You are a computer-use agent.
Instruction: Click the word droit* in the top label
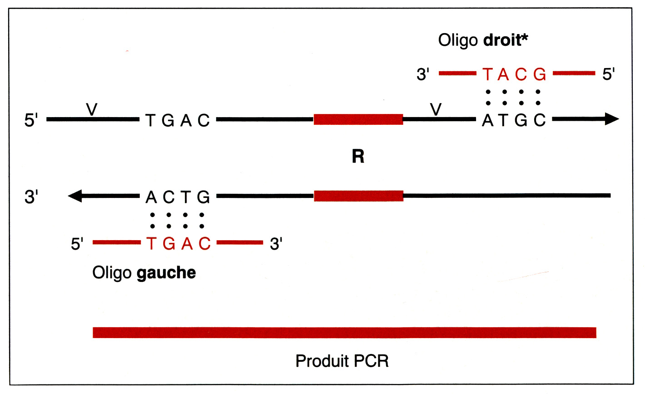tap(506, 40)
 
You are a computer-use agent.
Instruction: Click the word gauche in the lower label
tap(166, 273)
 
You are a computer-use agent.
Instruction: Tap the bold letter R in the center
tap(358, 157)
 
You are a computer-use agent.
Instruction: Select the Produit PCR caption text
tap(342, 361)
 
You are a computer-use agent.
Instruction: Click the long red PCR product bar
tap(344, 333)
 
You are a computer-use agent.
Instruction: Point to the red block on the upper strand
tap(358, 119)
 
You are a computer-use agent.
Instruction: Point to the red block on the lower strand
tap(358, 196)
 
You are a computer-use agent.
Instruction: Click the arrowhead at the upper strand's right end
tap(611, 119)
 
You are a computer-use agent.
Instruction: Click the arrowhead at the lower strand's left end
tap(75, 196)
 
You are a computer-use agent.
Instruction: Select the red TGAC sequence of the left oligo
tap(179, 244)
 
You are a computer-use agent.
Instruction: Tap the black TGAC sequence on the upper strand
tap(178, 120)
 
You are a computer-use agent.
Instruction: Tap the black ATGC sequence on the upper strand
tap(514, 120)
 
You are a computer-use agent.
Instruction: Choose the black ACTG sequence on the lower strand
tap(178, 197)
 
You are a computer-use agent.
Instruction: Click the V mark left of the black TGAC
tap(92, 109)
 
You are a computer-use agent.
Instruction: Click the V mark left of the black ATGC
tap(436, 109)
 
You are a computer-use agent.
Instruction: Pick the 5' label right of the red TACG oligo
tap(609, 74)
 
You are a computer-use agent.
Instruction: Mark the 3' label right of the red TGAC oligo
tap(276, 244)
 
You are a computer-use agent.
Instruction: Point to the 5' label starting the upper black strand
tap(31, 121)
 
